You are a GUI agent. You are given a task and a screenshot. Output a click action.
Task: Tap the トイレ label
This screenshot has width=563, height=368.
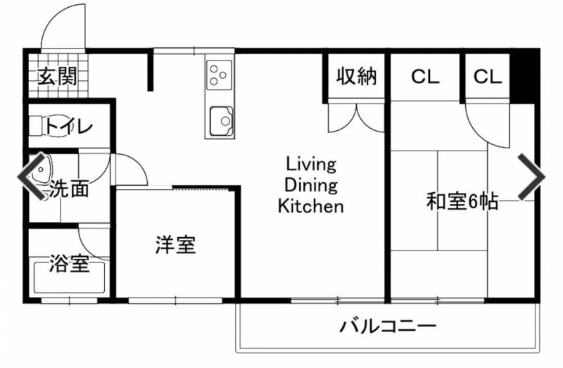click(69, 127)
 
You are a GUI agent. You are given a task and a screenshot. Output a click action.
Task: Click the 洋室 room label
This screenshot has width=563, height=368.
click(175, 246)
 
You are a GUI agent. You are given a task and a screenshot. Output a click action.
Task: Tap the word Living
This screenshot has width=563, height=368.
click(310, 165)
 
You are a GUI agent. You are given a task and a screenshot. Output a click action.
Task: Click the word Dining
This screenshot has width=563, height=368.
click(310, 186)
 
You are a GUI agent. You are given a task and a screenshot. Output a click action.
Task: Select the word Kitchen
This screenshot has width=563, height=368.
click(310, 207)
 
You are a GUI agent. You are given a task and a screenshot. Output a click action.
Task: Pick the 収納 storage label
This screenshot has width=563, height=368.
click(355, 76)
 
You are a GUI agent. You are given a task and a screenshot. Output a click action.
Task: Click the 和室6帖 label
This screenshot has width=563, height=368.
click(462, 203)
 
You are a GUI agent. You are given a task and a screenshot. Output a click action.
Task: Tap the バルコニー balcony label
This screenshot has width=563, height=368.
click(388, 326)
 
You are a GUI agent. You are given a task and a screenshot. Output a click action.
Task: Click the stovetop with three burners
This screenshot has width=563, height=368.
click(219, 72)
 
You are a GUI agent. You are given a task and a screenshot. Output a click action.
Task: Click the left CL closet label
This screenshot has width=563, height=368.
click(425, 76)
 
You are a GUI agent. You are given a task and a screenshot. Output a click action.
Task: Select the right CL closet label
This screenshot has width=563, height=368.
click(487, 76)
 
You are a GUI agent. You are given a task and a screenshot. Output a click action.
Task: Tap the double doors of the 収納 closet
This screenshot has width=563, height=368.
click(356, 115)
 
